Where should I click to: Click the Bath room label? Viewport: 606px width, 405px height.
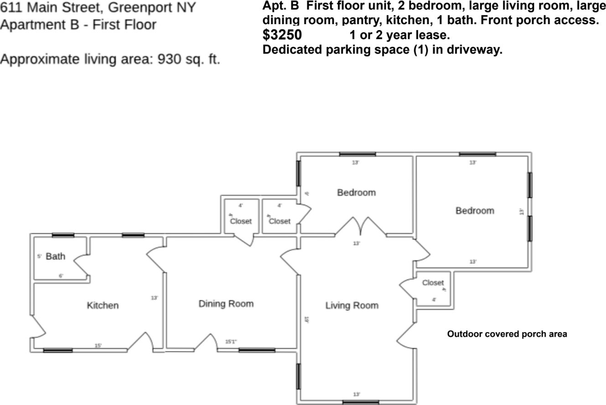[x=56, y=256]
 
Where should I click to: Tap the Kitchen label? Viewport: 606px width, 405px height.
[x=103, y=306]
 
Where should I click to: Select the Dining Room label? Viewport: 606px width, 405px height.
[x=226, y=304]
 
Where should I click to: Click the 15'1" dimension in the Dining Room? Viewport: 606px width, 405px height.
[x=232, y=342]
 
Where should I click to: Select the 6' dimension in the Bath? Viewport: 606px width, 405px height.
[x=61, y=276]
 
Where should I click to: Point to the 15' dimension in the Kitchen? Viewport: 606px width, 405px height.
[x=98, y=346]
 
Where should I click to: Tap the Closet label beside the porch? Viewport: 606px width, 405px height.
[x=433, y=283]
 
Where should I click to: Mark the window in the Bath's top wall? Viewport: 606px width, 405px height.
[x=63, y=235]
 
